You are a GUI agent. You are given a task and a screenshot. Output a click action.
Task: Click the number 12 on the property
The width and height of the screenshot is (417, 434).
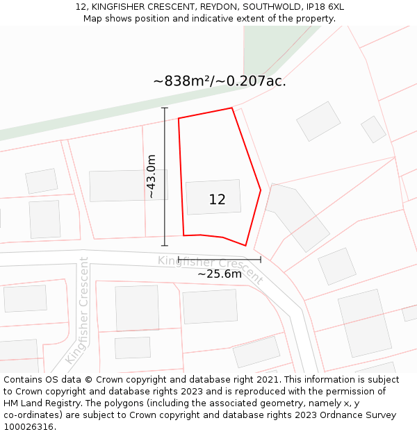[217, 200]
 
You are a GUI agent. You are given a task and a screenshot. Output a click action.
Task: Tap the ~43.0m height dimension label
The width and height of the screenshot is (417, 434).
[152, 176]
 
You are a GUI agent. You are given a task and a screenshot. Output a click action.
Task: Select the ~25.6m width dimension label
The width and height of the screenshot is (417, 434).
[220, 274]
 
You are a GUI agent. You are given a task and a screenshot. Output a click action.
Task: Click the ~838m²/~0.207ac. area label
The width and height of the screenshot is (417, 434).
[220, 81]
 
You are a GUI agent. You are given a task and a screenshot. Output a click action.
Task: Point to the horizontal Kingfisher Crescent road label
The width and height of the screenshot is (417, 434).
[210, 269]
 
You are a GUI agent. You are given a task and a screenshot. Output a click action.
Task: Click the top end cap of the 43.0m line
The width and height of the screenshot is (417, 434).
[165, 108]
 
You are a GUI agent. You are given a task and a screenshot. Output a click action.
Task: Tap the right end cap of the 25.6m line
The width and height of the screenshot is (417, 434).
[261, 260]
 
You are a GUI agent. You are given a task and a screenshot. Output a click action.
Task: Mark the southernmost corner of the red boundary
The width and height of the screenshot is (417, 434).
[245, 245]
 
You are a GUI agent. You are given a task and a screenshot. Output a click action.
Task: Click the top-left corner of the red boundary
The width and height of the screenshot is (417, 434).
[179, 118]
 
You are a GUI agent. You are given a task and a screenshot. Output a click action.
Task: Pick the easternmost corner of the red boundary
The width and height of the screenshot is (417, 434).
[261, 189]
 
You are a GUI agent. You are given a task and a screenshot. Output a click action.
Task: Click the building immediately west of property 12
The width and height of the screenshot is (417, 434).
[119, 185]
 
